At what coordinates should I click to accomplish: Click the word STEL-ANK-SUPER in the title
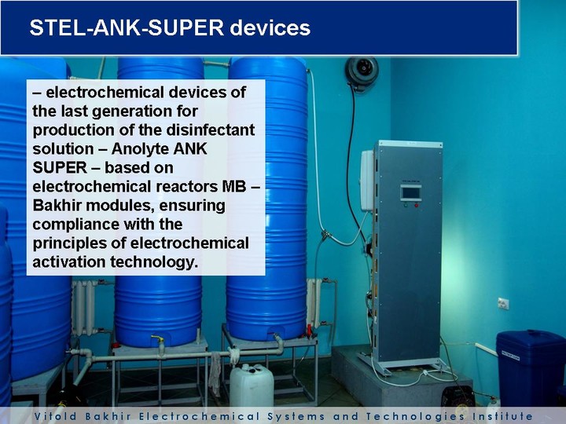pyautogui.click(x=127, y=27)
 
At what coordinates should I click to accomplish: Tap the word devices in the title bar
pyautogui.click(x=270, y=27)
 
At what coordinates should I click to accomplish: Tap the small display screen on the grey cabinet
pyautogui.click(x=411, y=192)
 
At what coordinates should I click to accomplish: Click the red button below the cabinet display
pyautogui.click(x=416, y=206)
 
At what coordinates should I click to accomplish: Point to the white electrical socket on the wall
pyautogui.click(x=503, y=303)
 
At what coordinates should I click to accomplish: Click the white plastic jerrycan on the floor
pyautogui.click(x=252, y=385)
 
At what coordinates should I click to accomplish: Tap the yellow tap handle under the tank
pyautogui.click(x=157, y=338)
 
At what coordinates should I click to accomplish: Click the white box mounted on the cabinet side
pyautogui.click(x=367, y=181)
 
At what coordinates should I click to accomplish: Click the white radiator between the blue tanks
pyautogui.click(x=84, y=306)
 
